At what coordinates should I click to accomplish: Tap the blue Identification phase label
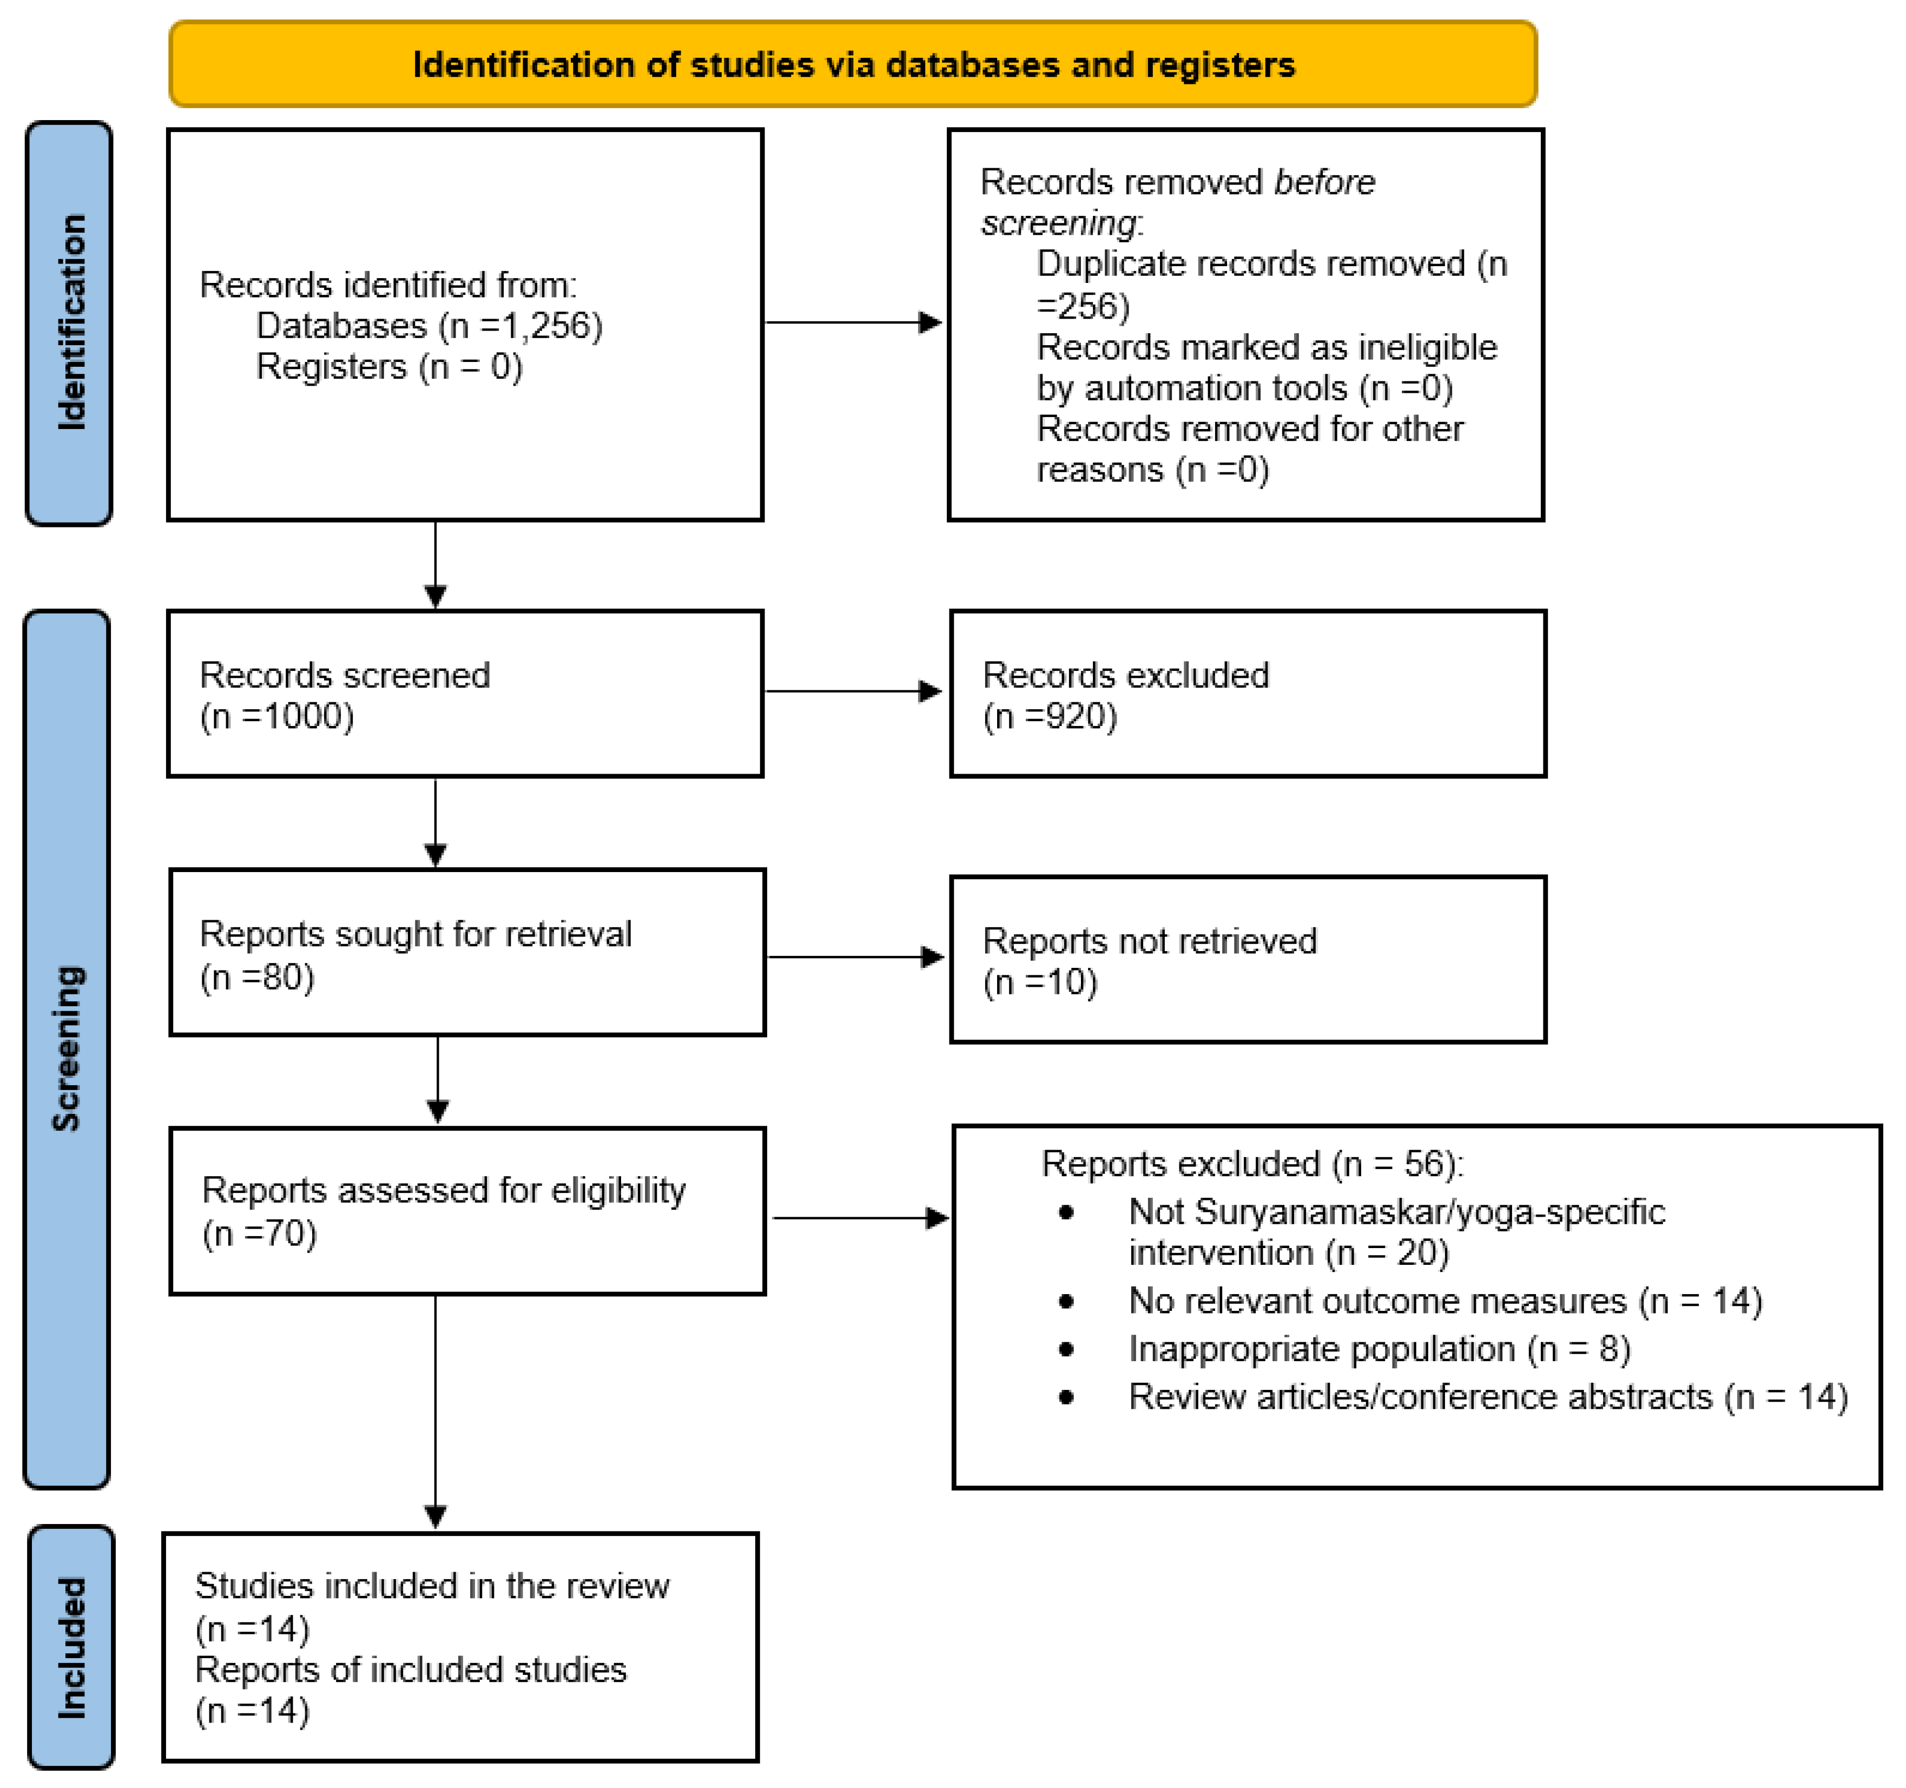(x=69, y=323)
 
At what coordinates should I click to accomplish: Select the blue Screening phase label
(x=67, y=1049)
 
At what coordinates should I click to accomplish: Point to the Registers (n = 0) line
(x=389, y=367)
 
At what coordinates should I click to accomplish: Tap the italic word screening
(x=1058, y=223)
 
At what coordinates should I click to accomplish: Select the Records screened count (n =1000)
(x=277, y=717)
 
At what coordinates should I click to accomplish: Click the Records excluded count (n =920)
(x=1050, y=717)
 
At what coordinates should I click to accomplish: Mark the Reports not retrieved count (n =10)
(x=1040, y=982)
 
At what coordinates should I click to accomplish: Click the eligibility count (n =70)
(x=260, y=1234)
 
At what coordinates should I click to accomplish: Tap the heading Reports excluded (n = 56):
(x=1252, y=1164)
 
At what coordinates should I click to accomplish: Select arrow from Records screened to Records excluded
(x=853, y=691)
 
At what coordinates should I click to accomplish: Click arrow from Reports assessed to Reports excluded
(x=860, y=1218)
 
